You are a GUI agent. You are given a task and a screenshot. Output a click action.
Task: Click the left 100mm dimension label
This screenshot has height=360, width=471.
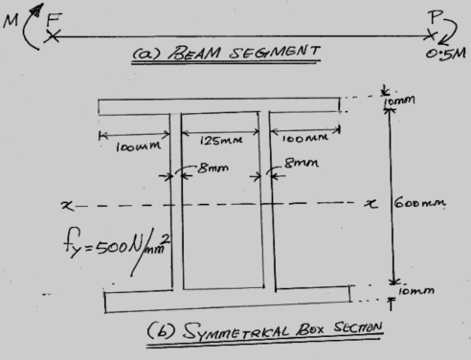tap(130, 146)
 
